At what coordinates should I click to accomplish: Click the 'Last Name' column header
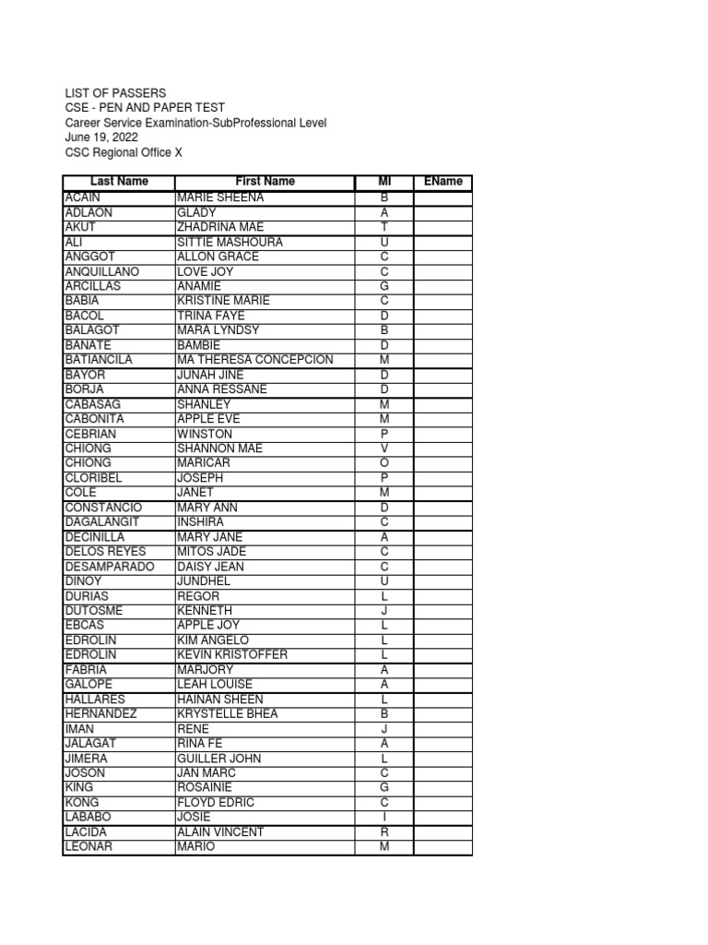tap(119, 182)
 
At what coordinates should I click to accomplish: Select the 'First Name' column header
tap(265, 182)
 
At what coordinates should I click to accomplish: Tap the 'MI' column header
tap(384, 182)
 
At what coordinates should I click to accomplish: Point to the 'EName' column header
tap(442, 182)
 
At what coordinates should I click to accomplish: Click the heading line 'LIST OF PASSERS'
tap(115, 93)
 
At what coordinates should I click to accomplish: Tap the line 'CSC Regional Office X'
tap(124, 152)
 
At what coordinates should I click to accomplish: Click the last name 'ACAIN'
tap(84, 197)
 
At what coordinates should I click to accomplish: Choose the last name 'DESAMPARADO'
tap(110, 567)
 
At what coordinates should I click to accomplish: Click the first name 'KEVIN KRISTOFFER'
tap(232, 655)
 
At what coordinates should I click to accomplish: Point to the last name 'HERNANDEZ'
tap(100, 714)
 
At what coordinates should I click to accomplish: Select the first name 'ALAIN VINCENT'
tap(220, 832)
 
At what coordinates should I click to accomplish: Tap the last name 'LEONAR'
tap(88, 847)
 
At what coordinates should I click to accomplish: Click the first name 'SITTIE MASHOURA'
tap(230, 242)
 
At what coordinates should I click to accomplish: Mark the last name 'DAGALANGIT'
tap(104, 522)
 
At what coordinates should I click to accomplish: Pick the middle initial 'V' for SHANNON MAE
tap(384, 449)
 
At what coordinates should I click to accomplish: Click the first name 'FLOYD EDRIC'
tap(217, 803)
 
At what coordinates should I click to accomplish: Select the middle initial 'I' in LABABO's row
tap(384, 818)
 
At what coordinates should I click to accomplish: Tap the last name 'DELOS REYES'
tap(104, 552)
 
